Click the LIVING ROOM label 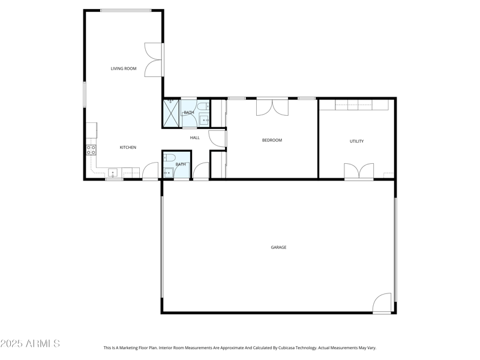(x=123, y=68)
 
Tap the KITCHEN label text (x=128, y=147)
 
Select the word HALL (x=195, y=138)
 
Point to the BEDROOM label (x=272, y=140)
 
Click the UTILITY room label (x=356, y=142)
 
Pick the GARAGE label (x=278, y=247)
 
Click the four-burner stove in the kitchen (x=91, y=150)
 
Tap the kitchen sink (x=112, y=173)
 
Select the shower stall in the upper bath (x=172, y=113)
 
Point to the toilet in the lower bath (x=169, y=158)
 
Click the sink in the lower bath (x=168, y=173)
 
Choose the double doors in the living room (x=154, y=60)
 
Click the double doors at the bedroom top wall (x=272, y=107)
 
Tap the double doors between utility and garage (x=359, y=171)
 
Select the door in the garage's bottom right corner (x=382, y=303)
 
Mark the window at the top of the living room (x=125, y=10)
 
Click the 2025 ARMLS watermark (x=30, y=344)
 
